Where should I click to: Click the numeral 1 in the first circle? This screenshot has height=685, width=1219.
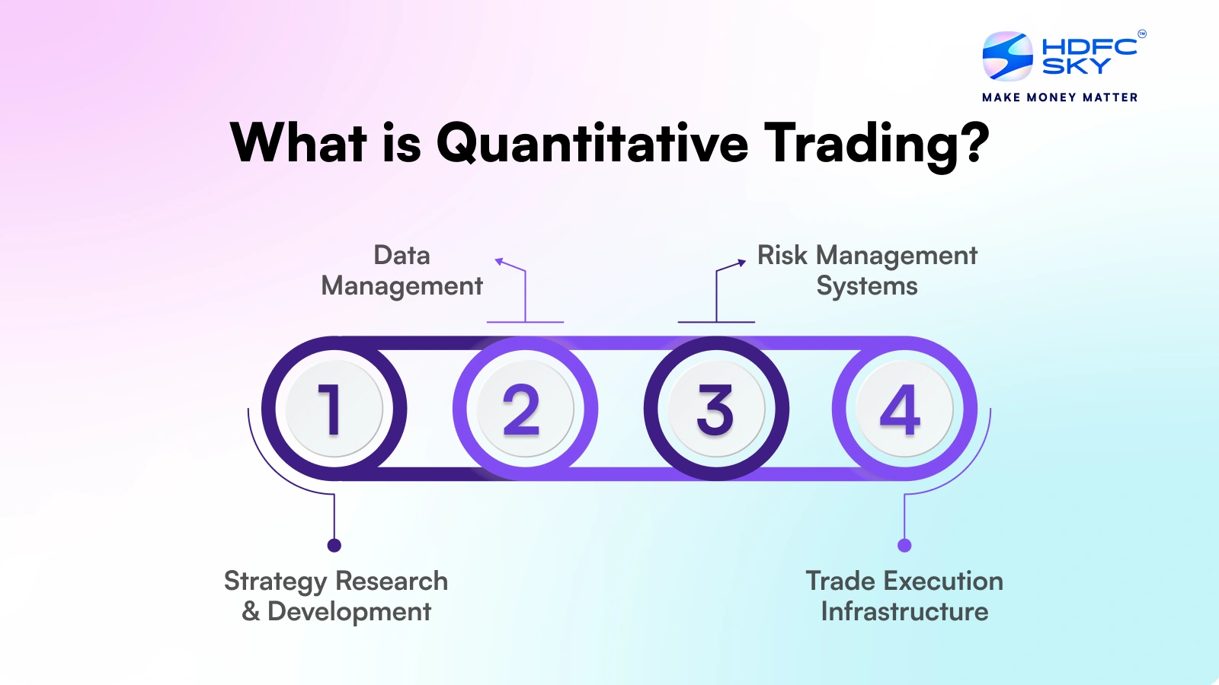(x=331, y=409)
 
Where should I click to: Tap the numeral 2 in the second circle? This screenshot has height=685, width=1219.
(x=521, y=409)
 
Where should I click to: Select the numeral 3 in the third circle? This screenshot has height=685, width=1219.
(x=715, y=409)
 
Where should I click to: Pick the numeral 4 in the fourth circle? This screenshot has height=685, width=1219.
(x=900, y=409)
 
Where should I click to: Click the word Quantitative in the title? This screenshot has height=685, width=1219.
(x=592, y=143)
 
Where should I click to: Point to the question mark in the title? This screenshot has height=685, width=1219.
(x=973, y=142)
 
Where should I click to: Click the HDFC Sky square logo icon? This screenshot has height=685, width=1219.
(x=1007, y=56)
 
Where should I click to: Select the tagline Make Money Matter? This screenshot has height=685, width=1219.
(x=1060, y=97)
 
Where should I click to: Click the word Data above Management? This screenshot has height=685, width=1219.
(x=402, y=255)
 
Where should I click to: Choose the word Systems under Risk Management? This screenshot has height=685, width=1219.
(x=867, y=286)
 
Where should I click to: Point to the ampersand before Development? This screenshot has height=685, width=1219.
(x=251, y=611)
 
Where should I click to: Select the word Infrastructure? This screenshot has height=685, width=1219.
(x=904, y=611)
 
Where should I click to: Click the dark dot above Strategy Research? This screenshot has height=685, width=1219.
(x=334, y=545)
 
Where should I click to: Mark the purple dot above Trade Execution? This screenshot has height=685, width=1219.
(x=904, y=545)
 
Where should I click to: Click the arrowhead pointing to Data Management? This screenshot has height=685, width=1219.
(x=498, y=262)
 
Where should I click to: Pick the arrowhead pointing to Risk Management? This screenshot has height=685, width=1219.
(x=742, y=263)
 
